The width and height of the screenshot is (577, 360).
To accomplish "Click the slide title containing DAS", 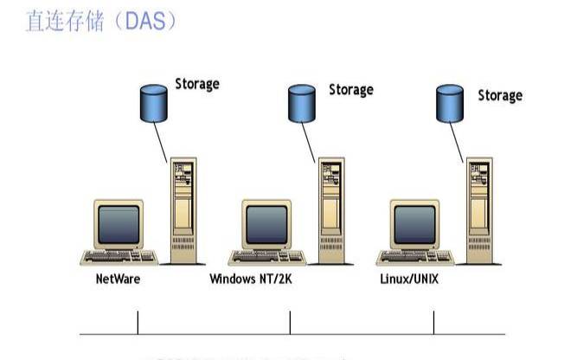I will coord(101,22).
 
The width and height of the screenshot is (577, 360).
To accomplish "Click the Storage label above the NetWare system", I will coord(197,84).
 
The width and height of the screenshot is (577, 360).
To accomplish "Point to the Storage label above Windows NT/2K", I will coord(350,89).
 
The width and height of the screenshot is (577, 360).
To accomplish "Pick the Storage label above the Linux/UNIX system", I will coord(500,94).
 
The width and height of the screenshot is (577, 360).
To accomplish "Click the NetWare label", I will coord(118,280).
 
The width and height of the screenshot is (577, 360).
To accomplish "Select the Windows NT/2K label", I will coord(251,280).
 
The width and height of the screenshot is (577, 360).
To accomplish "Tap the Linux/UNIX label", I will coord(410,280).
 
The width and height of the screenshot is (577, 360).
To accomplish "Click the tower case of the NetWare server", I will coord(183,212).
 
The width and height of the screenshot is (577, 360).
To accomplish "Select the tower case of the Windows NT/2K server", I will coord(330,212).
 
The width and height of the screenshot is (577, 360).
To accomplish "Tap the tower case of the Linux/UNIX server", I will coord(479,212).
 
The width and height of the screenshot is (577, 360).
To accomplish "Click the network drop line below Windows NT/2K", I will coord(290,322).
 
